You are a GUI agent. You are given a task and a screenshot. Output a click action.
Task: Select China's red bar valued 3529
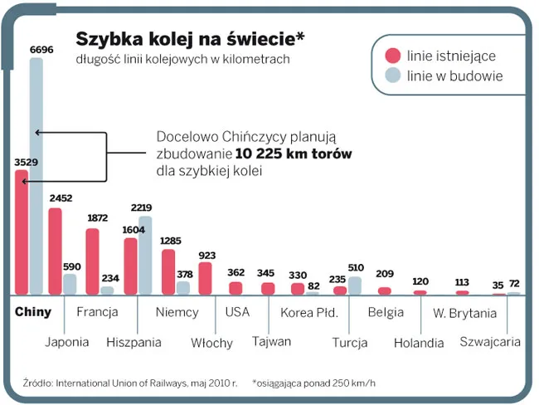pyautogui.click(x=22, y=232)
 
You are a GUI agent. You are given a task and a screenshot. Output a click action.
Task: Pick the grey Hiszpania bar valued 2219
pyautogui.click(x=145, y=255)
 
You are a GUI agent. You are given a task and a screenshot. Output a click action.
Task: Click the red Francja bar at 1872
pyautogui.click(x=93, y=261)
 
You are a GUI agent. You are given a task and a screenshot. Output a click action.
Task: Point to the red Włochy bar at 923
pyautogui.click(x=206, y=278)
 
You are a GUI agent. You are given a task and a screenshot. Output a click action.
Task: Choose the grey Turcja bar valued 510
pyautogui.click(x=355, y=285)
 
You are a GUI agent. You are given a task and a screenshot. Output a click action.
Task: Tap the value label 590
pyautogui.click(x=72, y=266)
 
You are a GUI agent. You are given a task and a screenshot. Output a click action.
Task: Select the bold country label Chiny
pyautogui.click(x=33, y=313)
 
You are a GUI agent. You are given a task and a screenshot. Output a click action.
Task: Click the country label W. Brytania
pyautogui.click(x=464, y=313)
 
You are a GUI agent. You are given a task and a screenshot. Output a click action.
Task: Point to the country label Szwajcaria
pyautogui.click(x=489, y=341)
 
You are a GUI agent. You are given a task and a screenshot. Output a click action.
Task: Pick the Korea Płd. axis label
pyautogui.click(x=308, y=313)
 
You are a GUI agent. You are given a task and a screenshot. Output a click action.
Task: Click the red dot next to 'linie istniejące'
pyautogui.click(x=393, y=56)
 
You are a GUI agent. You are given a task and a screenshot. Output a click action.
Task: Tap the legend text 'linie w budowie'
pyautogui.click(x=455, y=76)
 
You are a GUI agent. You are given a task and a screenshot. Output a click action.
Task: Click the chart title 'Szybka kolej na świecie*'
pyautogui.click(x=190, y=38)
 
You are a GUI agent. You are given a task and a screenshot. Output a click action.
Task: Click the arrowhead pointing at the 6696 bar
pyautogui.click(x=38, y=132)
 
